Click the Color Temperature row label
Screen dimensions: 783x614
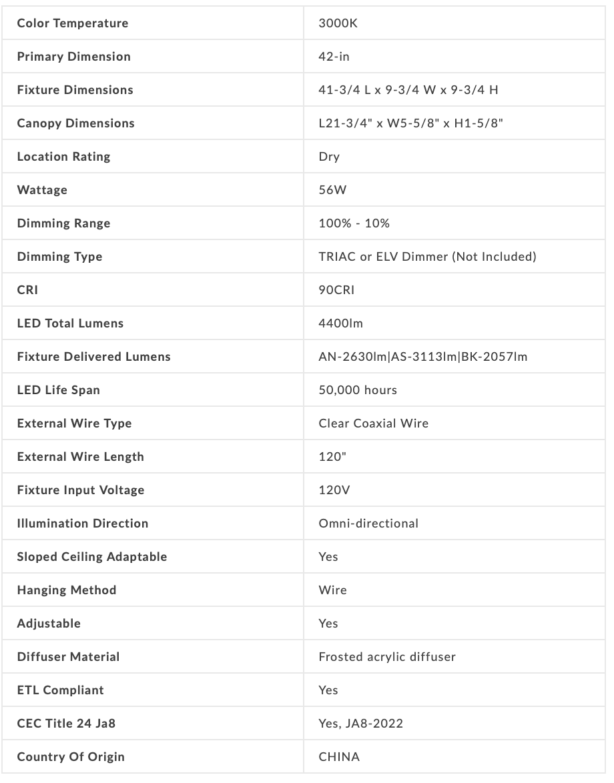(x=73, y=23)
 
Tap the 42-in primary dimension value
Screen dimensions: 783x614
(x=334, y=57)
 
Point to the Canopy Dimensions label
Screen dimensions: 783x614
(x=75, y=123)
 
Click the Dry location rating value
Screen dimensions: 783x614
(x=329, y=157)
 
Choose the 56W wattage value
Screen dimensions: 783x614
(x=333, y=190)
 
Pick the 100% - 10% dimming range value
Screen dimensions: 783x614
(x=354, y=223)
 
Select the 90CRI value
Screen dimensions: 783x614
(x=337, y=290)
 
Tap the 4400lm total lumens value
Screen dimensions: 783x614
(x=341, y=323)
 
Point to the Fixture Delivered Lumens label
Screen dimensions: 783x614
(x=93, y=357)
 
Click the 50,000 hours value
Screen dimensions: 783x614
(x=358, y=390)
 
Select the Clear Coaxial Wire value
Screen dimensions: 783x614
(x=374, y=424)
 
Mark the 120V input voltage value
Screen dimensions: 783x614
(x=334, y=490)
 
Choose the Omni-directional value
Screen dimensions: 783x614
(x=368, y=524)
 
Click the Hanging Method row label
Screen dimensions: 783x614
(x=67, y=590)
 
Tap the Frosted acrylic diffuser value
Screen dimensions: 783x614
(x=387, y=657)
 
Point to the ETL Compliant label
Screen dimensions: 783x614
(x=60, y=690)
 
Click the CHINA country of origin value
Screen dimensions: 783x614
(x=339, y=757)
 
